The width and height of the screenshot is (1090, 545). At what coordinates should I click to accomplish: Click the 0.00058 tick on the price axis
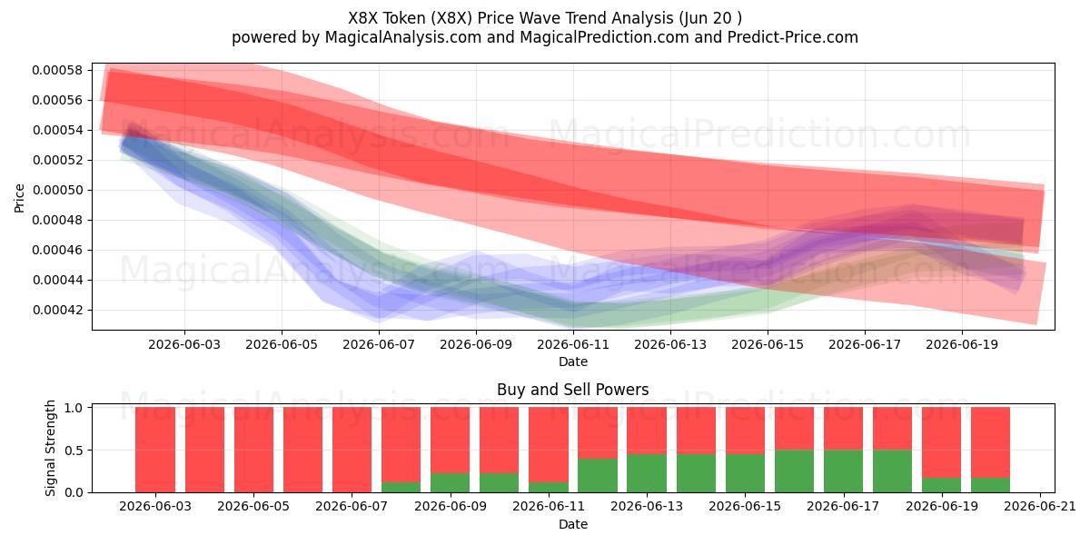pos(57,70)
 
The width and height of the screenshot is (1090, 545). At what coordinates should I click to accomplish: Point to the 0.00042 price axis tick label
pos(57,310)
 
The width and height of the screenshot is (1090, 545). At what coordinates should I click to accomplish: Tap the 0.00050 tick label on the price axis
pos(57,190)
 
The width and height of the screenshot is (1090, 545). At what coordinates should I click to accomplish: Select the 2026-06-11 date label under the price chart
pos(573,344)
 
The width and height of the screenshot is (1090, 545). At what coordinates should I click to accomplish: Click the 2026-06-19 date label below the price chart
pos(962,344)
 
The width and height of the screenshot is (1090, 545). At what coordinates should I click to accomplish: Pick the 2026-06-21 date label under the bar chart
pos(1040,507)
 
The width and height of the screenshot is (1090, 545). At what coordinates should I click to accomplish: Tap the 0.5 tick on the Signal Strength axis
pos(74,451)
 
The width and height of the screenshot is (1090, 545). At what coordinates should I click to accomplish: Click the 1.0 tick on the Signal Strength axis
pos(74,407)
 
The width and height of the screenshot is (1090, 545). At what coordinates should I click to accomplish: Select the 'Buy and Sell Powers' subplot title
pos(573,390)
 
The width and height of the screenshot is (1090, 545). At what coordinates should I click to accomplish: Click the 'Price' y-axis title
pos(19,198)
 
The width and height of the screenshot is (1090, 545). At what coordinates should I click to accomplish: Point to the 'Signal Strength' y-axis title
pos(50,448)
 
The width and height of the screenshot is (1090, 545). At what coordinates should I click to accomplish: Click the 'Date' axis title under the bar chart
pos(573,524)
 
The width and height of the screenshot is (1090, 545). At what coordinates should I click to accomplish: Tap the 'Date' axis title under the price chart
pos(573,362)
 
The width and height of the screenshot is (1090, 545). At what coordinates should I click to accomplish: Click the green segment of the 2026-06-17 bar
pos(843,471)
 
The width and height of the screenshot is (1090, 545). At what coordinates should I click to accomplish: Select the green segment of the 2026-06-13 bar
pos(647,473)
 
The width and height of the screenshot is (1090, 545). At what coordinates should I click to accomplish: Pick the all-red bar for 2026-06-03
pos(155,450)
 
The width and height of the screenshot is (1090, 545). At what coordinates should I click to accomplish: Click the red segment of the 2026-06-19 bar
pos(942,442)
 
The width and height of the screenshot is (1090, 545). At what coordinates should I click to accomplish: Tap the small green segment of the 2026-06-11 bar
pos(549,487)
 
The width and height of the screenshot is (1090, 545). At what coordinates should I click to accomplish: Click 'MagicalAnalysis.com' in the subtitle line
pos(403,37)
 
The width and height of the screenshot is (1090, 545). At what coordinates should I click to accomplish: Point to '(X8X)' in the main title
pos(451,18)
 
